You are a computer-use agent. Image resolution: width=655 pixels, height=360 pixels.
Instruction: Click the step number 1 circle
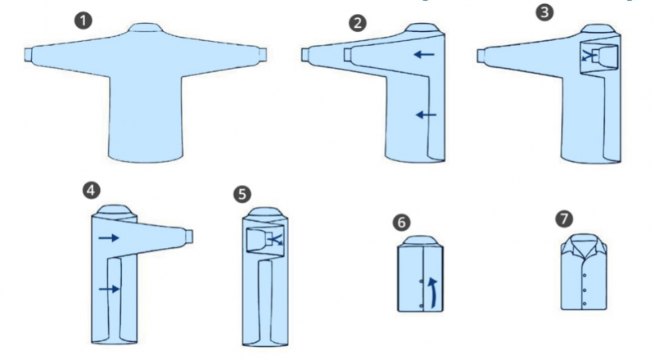[x=84, y=20]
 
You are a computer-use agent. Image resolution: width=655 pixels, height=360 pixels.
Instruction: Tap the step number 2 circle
[x=358, y=23]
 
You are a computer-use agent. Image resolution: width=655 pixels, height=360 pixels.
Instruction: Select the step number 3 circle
[x=544, y=12]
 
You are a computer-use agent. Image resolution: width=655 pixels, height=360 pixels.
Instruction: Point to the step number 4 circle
[x=92, y=191]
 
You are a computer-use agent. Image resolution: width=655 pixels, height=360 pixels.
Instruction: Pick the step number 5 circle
[x=242, y=194]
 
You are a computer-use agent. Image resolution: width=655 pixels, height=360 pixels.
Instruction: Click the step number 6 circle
[x=401, y=223]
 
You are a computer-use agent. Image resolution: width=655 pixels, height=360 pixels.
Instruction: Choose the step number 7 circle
[x=564, y=218]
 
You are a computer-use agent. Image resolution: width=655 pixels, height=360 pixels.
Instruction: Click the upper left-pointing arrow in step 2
[x=424, y=54]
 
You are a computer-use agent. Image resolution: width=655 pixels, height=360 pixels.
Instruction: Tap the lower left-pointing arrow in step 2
[x=426, y=115]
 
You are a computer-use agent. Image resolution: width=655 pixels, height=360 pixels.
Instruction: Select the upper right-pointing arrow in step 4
[x=109, y=237]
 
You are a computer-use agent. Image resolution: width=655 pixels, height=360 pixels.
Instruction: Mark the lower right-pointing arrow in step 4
[x=110, y=289]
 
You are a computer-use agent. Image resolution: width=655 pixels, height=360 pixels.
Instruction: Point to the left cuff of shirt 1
[x=29, y=55]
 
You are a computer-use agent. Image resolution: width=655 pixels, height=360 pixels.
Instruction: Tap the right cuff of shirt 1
[x=262, y=55]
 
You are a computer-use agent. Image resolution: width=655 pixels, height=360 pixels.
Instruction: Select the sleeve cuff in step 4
[x=189, y=236]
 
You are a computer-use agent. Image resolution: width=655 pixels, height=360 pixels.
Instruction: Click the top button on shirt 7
[x=585, y=275]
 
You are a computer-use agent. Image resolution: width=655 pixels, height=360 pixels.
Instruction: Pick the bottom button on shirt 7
[x=584, y=304]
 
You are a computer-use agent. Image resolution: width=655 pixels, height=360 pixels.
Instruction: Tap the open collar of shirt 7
[x=584, y=245]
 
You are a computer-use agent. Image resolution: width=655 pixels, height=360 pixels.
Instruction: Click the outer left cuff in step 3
[x=481, y=56]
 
